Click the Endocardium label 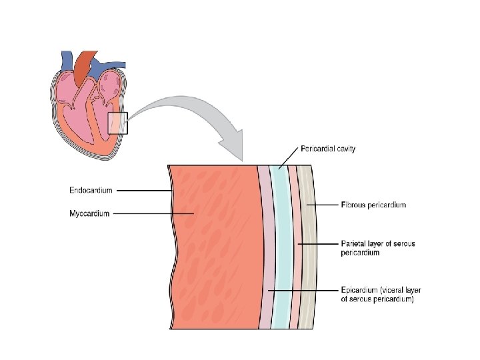click(x=91, y=190)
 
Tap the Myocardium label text click(x=89, y=214)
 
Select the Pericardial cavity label click(x=327, y=149)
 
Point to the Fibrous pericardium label click(x=373, y=205)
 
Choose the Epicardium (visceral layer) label click(x=381, y=295)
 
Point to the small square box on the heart click(x=117, y=123)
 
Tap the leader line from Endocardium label click(x=143, y=191)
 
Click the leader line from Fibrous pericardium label click(x=324, y=205)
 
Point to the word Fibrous click(x=354, y=205)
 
